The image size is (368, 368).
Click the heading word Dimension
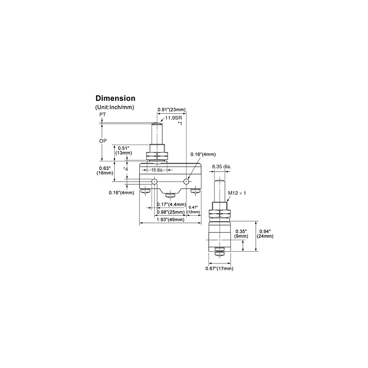[115, 98]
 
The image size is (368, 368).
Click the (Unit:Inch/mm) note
[114, 107]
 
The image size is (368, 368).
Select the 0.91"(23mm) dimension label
[171, 109]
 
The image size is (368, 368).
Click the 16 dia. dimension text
[157, 170]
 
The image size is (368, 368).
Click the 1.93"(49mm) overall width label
[170, 220]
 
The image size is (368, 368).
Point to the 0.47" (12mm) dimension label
[194, 210]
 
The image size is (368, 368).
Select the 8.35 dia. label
[222, 167]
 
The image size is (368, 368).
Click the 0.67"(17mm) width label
[219, 268]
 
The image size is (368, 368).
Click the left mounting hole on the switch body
[154, 181]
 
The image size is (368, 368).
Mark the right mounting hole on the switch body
[187, 181]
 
